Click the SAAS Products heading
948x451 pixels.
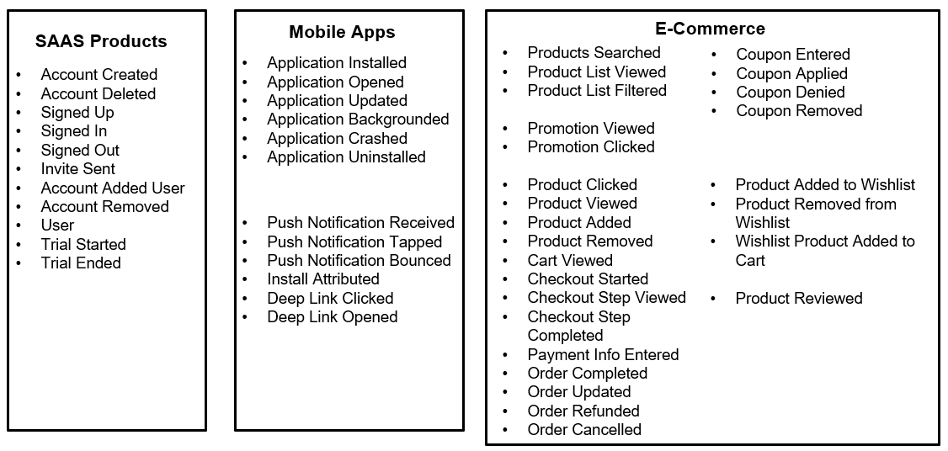(101, 41)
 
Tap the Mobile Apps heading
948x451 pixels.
(342, 32)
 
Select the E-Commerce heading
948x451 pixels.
(710, 29)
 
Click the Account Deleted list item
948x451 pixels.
(99, 93)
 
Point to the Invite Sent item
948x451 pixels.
(78, 169)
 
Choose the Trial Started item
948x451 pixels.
(83, 244)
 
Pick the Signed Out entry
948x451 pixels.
(80, 150)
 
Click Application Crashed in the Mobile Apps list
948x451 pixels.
(337, 138)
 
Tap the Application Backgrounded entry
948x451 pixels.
(358, 119)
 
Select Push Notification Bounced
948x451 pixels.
(359, 260)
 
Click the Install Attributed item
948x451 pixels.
(323, 279)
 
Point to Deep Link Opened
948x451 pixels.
(332, 316)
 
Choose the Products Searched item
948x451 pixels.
(594, 53)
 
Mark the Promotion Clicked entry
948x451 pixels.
(591, 146)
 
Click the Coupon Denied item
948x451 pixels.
(790, 92)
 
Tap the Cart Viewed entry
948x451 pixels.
(570, 260)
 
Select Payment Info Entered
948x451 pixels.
(603, 354)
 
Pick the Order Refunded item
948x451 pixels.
(583, 411)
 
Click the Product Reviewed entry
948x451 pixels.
(798, 298)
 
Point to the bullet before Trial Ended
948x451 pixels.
(19, 263)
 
